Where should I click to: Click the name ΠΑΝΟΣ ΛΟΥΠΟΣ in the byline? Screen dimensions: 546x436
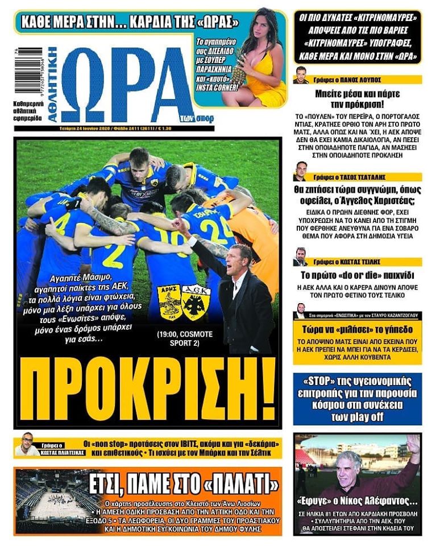tap(358, 80)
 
